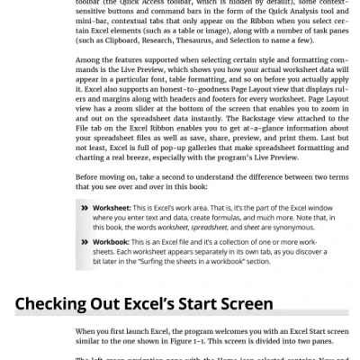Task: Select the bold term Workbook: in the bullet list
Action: pos(113,243)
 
